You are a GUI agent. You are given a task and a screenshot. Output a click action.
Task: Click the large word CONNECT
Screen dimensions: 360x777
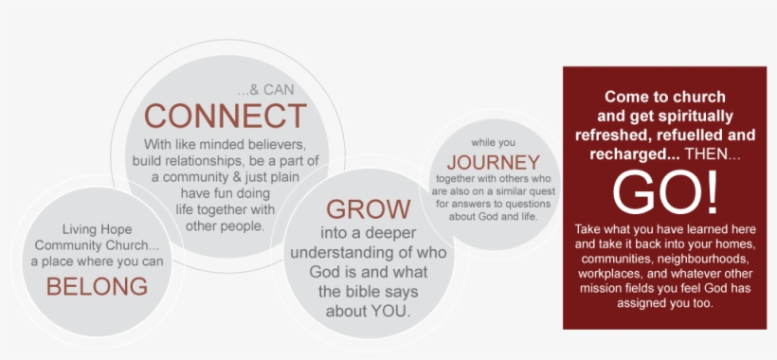(226, 117)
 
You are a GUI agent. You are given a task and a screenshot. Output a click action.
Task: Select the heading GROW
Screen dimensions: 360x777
(369, 209)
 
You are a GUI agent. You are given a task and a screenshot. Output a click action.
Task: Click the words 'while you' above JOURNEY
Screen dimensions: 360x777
(493, 141)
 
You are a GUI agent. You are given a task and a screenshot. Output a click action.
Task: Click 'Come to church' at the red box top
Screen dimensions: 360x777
(663, 97)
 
